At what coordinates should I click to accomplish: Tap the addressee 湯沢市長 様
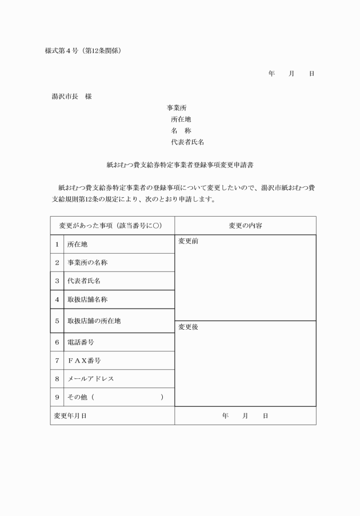click(x=71, y=96)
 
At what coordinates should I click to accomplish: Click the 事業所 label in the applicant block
click(x=177, y=107)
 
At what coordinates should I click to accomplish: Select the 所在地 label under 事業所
click(x=181, y=119)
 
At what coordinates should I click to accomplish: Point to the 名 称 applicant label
click(x=181, y=130)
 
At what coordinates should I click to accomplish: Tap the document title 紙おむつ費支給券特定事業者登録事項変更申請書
click(x=180, y=164)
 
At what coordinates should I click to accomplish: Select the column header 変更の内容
click(x=245, y=226)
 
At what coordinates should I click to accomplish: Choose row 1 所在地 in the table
click(x=78, y=244)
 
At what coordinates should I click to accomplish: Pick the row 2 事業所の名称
click(x=87, y=263)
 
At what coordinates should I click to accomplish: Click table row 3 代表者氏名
click(x=83, y=281)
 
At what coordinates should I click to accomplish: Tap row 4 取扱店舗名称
click(x=87, y=299)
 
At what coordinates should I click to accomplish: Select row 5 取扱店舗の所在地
click(x=94, y=321)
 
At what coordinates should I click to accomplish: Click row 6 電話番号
click(x=80, y=342)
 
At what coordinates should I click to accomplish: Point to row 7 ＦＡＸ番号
click(x=84, y=361)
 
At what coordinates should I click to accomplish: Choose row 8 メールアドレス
click(x=90, y=379)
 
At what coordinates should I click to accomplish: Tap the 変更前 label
click(x=188, y=241)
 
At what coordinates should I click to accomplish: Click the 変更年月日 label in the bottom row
click(x=70, y=416)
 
